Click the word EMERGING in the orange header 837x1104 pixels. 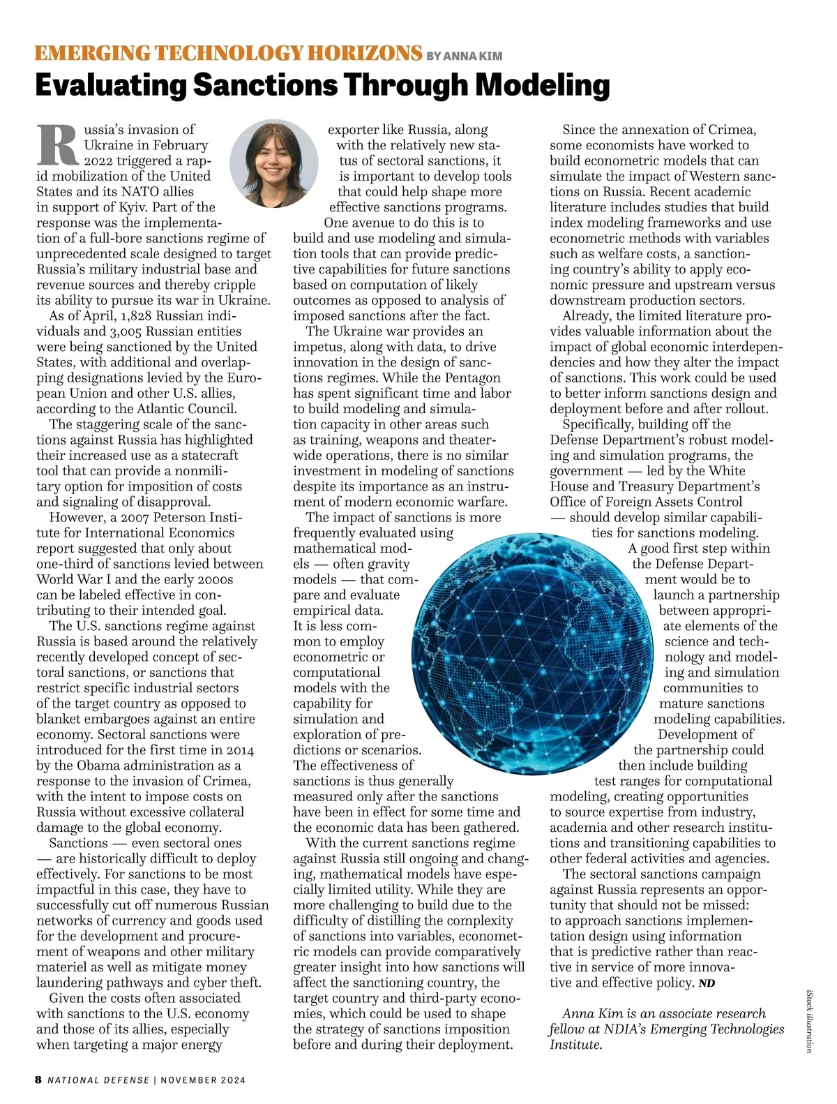91,54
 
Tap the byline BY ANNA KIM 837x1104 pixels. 464,56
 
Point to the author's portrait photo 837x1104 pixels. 274,163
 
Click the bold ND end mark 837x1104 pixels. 707,983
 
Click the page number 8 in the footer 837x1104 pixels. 38,1080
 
